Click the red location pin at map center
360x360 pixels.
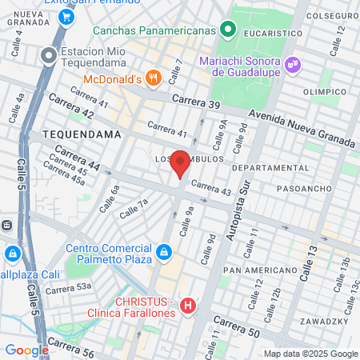[181, 163]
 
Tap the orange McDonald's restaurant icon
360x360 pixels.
[154, 78]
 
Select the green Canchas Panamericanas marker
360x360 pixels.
[229, 30]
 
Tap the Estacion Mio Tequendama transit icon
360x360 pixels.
[50, 56]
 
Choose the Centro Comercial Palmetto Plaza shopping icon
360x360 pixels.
[163, 253]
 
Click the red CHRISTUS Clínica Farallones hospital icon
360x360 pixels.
[188, 306]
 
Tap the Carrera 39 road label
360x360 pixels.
[195, 103]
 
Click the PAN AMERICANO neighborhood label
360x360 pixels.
[250, 271]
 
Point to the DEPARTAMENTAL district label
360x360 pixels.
[264, 168]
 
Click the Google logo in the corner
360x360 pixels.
[26, 350]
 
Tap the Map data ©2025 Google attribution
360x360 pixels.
[311, 354]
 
